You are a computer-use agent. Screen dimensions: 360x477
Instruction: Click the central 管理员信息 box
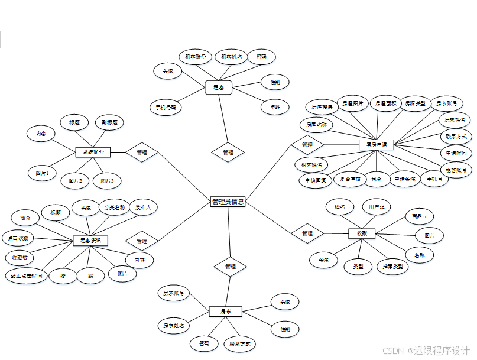[228, 202]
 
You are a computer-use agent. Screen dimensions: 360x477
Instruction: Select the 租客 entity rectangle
[218, 87]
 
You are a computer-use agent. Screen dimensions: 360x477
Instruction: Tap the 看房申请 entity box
[377, 144]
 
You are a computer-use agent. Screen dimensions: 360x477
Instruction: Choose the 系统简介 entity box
[93, 152]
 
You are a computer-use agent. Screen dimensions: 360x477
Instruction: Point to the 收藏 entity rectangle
[362, 233]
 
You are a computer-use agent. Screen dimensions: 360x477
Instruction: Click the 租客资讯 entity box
[90, 241]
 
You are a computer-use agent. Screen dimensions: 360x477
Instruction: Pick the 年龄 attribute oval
[275, 108]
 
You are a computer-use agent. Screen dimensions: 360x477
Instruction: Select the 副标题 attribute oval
[109, 122]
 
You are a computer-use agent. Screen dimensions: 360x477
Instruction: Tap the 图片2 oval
[75, 180]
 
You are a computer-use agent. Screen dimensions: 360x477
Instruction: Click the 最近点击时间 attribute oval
[26, 275]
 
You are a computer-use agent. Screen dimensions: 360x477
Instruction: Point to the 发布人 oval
[143, 207]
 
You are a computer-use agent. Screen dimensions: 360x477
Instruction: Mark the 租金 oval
[377, 179]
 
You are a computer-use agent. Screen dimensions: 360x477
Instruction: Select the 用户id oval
[377, 207]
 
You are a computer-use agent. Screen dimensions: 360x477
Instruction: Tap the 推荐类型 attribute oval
[392, 267]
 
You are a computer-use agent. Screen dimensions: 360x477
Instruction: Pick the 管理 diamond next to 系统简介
[142, 153]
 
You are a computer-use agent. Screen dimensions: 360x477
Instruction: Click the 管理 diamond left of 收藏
[307, 233]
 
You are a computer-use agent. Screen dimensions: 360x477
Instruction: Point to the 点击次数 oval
[17, 238]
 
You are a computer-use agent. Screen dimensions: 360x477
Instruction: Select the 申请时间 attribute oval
[456, 153]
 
